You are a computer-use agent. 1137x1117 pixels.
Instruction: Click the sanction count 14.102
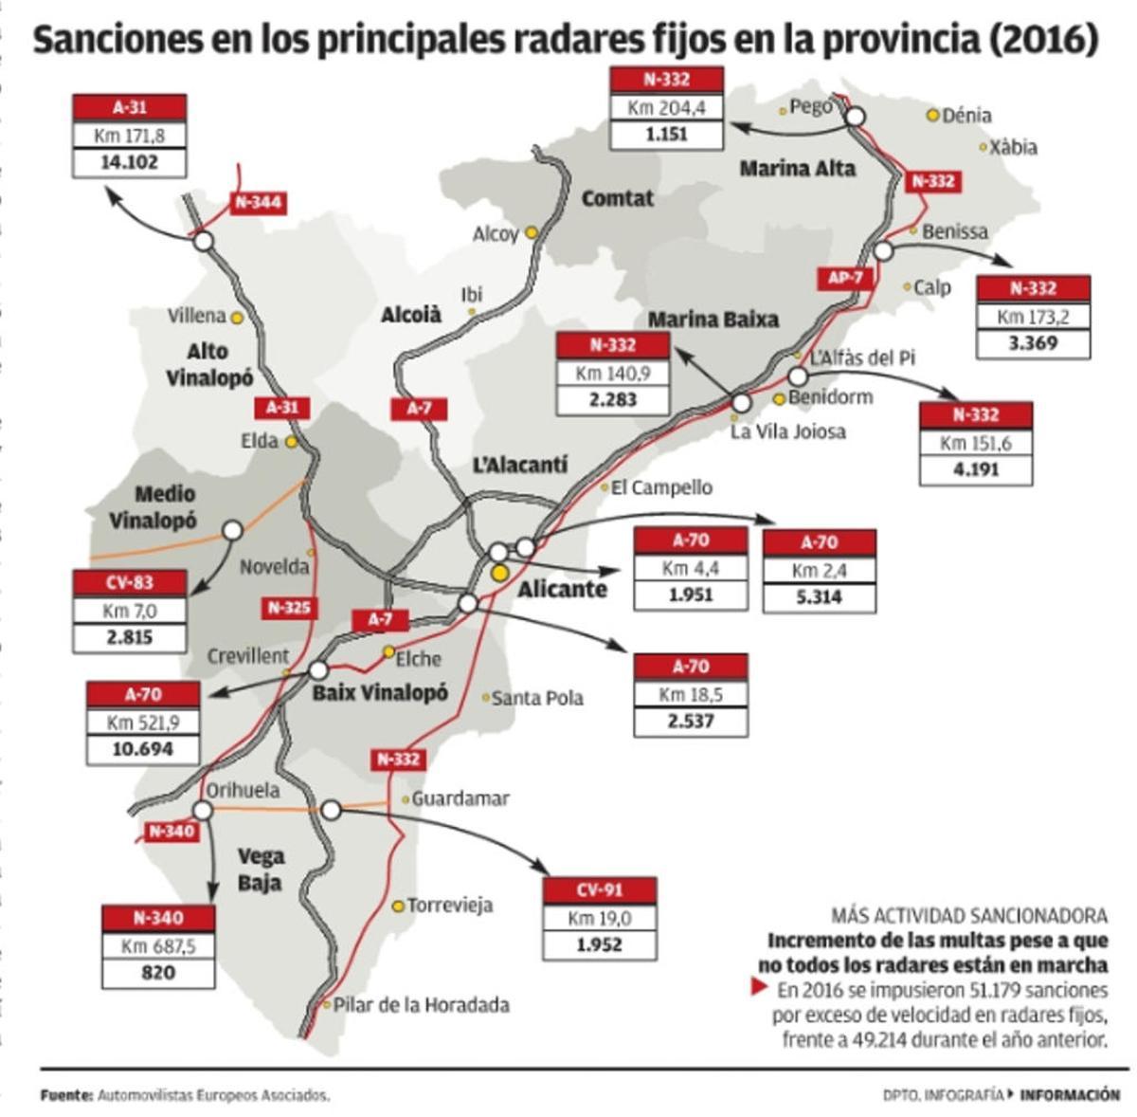129,162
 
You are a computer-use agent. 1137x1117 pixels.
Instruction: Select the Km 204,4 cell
666,107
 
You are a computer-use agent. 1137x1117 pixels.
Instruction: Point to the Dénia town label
966,116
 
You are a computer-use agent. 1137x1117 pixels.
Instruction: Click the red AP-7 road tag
845,278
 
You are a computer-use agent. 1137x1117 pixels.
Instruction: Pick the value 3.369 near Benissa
1033,342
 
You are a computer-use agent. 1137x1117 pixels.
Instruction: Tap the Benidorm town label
830,397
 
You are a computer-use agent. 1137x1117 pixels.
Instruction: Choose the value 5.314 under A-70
819,597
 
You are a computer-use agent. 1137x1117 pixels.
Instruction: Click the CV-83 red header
129,582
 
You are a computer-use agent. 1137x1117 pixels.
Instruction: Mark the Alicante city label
562,589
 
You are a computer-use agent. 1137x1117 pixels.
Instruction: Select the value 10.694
143,749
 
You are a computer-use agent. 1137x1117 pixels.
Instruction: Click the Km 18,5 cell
691,694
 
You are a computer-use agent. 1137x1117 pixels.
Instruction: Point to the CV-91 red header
599,890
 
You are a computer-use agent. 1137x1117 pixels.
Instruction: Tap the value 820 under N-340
158,973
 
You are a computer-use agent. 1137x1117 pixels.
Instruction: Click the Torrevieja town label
450,906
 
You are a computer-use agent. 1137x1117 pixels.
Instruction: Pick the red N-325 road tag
289,608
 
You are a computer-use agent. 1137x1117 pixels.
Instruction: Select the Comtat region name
617,198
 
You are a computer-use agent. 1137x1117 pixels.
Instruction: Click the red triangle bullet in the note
758,986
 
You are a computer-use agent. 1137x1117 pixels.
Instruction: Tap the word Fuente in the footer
65,1095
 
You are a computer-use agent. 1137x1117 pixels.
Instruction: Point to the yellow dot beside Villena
237,318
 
